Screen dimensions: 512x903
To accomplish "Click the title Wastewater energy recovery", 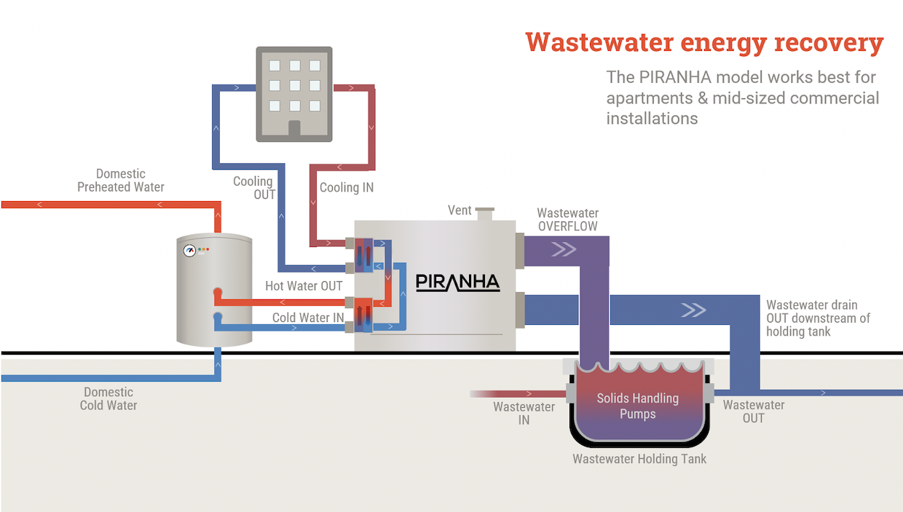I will [704, 42].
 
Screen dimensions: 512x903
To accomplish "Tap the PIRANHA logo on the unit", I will [457, 283].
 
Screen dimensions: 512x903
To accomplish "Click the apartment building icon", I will [294, 93].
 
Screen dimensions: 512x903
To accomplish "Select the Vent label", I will [460, 210].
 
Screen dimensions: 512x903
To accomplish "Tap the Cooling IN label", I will [347, 188].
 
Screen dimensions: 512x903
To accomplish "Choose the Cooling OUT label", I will [254, 188].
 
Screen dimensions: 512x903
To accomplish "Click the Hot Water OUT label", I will [304, 286].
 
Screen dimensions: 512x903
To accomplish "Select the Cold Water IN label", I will [308, 318].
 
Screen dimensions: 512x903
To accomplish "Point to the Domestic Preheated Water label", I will [121, 181].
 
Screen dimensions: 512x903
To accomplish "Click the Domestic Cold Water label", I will [109, 398].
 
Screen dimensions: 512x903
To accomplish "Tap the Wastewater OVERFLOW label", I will [567, 220].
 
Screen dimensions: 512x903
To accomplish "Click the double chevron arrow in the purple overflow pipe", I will [563, 251].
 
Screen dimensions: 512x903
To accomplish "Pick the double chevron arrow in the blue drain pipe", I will [693, 310].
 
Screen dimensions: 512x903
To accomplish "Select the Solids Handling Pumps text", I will [638, 406].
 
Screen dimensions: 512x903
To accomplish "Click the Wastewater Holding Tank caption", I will [639, 459].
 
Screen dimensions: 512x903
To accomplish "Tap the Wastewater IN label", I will [524, 413].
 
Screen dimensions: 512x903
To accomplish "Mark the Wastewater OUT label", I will [754, 411].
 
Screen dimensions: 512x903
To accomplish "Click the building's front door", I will [294, 129].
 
